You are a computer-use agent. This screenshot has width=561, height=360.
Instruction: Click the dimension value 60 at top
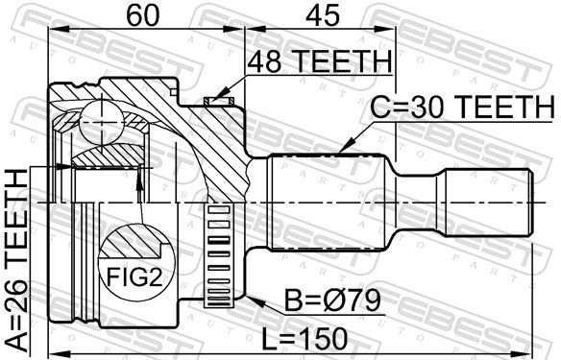click(143, 15)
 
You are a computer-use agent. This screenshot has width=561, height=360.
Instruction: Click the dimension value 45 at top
click(321, 15)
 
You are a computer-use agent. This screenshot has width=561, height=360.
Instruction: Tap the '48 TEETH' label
click(320, 61)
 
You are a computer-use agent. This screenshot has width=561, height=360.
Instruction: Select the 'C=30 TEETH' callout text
click(462, 108)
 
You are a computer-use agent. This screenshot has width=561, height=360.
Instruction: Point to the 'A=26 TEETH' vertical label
click(17, 260)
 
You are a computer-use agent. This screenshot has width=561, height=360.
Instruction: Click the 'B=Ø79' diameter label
click(332, 300)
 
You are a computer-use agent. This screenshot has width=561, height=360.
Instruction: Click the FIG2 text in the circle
click(135, 277)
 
